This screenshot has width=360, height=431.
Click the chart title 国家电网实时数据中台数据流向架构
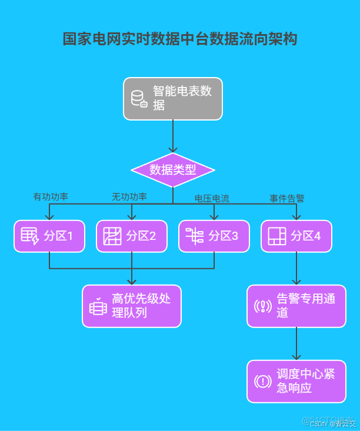tap(180, 39)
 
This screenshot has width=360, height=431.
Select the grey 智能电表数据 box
tap(173, 99)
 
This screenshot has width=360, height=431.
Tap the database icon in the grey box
tap(139, 99)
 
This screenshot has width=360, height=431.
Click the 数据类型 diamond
tap(172, 170)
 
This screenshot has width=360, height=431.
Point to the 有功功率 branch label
tap(51, 196)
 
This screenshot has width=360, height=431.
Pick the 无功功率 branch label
tap(129, 196)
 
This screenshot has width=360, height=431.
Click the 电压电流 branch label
tap(212, 198)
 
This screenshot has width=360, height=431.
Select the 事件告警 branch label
tap(287, 198)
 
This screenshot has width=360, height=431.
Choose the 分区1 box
tap(49, 236)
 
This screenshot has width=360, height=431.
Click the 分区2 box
tap(132, 236)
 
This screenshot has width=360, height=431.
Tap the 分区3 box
tap(214, 236)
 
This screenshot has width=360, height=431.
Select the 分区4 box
tap(296, 236)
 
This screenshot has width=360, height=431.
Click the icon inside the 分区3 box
tap(194, 236)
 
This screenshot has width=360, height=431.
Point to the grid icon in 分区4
tap(276, 236)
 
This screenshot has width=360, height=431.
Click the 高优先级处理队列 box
tap(132, 306)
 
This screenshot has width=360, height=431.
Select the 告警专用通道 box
tap(296, 306)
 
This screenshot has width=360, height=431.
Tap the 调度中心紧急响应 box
tap(296, 381)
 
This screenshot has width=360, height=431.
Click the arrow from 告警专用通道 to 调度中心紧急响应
tap(296, 343)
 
